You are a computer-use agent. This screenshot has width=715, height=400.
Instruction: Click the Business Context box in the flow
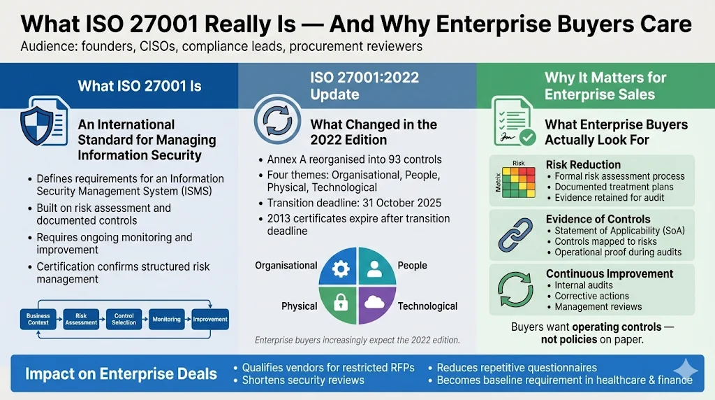click(38, 319)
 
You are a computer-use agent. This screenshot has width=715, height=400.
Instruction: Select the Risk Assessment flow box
click(81, 319)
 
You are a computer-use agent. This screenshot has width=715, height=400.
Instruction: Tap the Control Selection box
click(124, 319)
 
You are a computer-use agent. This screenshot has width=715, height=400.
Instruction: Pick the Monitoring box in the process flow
click(166, 319)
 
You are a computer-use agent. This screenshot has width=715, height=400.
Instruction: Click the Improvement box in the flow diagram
click(210, 319)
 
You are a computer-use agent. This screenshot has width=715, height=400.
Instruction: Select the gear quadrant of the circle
click(338, 270)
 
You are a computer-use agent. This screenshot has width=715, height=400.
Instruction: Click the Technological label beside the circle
click(427, 306)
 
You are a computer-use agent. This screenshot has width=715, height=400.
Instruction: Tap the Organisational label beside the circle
click(286, 266)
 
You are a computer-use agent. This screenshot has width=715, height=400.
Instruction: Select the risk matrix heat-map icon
click(517, 180)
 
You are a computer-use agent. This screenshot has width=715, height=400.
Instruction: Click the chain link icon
click(516, 234)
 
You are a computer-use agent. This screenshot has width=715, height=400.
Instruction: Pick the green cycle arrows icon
click(516, 288)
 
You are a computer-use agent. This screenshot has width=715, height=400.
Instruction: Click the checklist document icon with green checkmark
click(513, 121)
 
